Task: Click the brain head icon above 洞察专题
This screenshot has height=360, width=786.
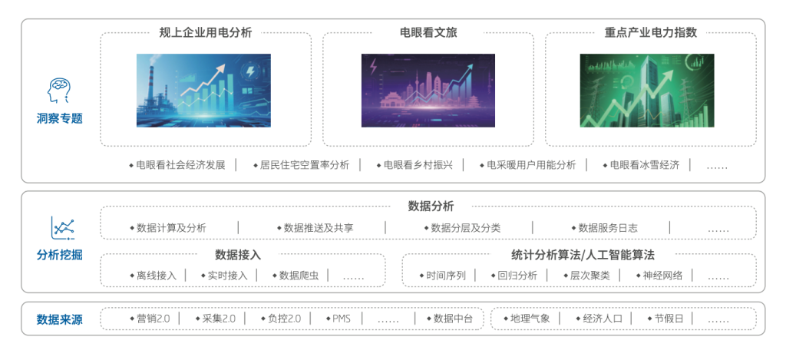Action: pos(59,91)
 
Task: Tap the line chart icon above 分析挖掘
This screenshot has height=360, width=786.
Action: pos(62,228)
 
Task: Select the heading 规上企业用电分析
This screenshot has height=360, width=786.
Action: pos(205,32)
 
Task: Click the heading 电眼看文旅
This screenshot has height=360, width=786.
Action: pos(428,32)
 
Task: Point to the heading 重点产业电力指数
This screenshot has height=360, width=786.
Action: pos(651,32)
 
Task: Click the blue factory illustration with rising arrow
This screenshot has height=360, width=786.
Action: pos(203,91)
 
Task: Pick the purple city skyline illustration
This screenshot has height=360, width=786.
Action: pos(428,91)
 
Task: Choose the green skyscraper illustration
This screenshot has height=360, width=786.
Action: pos(647,91)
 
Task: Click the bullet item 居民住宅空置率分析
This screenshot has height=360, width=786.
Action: pos(304,165)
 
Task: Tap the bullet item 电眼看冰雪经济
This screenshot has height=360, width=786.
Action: pos(644,165)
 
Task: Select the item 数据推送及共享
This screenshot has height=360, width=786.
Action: pos(318,228)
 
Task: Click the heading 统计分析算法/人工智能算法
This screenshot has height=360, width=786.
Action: pos(583,255)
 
